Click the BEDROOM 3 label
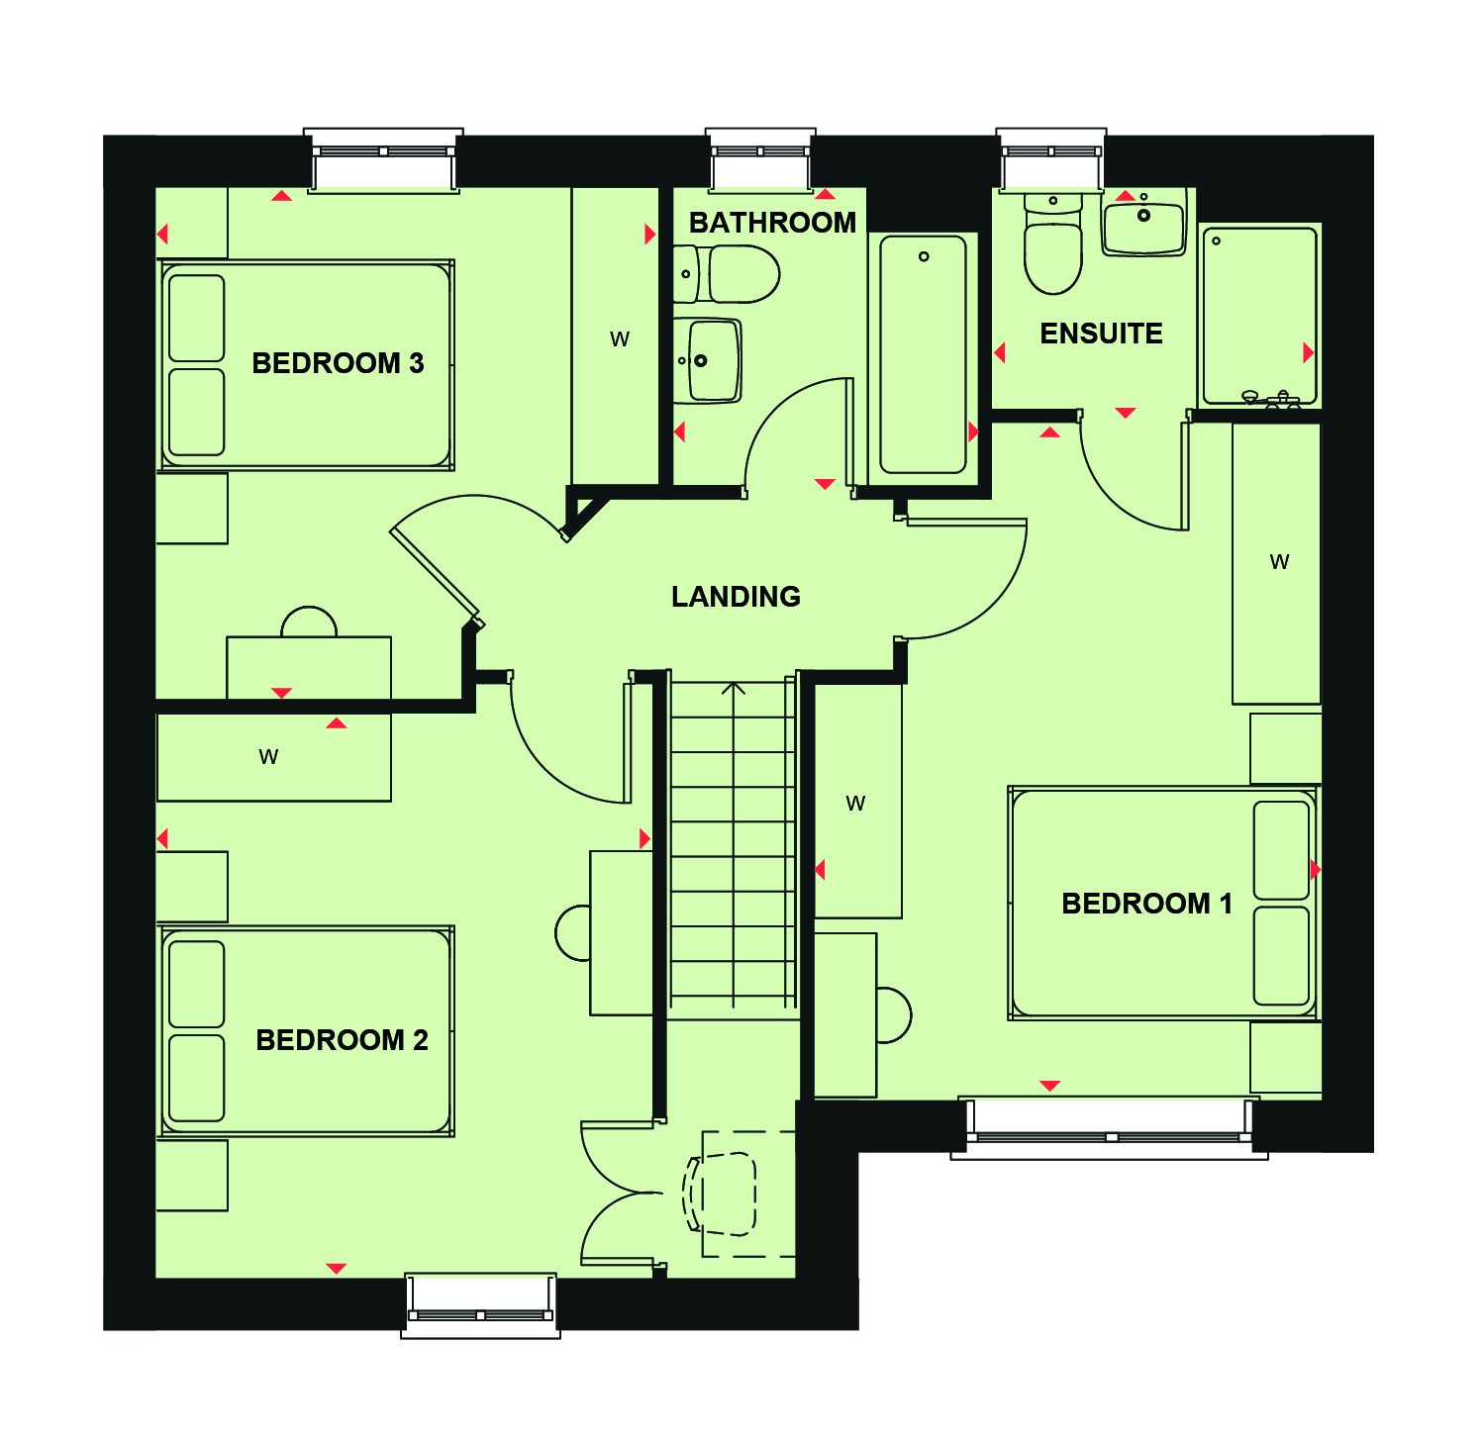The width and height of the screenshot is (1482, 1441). coord(338,363)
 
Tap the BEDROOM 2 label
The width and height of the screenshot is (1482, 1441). coord(342,1040)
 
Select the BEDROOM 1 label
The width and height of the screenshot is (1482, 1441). coord(1146,904)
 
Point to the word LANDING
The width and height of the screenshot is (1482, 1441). coord(736,597)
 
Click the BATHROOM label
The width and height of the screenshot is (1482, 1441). coord(772,223)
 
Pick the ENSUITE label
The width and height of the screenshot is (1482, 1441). coord(1101,334)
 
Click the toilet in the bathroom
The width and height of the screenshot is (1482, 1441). coord(727,274)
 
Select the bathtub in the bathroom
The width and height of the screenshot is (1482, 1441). coord(923,354)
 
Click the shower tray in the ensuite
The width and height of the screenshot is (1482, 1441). coord(1259,316)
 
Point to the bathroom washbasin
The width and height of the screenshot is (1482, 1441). coord(707,360)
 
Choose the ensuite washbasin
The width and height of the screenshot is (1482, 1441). coord(1143,223)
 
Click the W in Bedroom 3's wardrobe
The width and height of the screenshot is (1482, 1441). coord(620,339)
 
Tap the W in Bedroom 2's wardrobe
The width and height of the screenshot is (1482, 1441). coord(268,757)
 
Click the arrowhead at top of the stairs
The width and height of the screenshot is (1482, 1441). coord(734,687)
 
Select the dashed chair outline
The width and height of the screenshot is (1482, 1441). coord(720,1194)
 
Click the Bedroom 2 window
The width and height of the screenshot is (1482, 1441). coord(480,1306)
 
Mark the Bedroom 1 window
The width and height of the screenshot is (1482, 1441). coord(1110,1128)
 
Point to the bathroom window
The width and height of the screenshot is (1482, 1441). coord(760,158)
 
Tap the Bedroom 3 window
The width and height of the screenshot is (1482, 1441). coord(383,159)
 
